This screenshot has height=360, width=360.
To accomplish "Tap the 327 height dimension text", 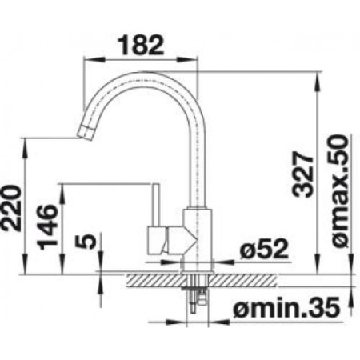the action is pyautogui.click(x=302, y=174).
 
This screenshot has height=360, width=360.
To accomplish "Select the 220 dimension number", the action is pyautogui.click(x=11, y=208).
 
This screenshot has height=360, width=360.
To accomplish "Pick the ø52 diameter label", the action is pyautogui.click(x=264, y=249).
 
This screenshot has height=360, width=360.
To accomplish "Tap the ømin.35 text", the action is pyautogui.click(x=286, y=307).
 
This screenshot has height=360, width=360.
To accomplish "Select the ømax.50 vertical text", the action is pyautogui.click(x=340, y=191).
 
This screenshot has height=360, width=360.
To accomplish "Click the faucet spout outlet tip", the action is pyautogui.click(x=86, y=133).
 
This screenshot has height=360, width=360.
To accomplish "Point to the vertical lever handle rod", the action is pyautogui.click(x=155, y=205).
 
